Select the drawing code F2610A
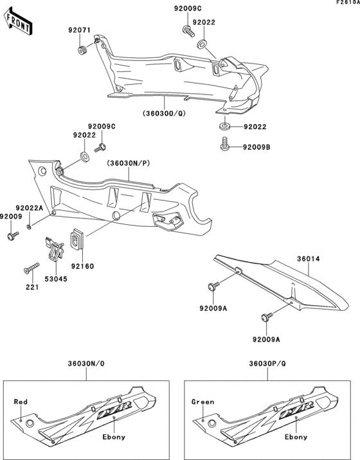(x=346, y=4)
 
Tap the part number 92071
(x=79, y=30)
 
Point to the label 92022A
(x=29, y=208)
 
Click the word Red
(x=21, y=402)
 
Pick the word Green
(x=203, y=402)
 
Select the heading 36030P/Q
(x=269, y=364)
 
